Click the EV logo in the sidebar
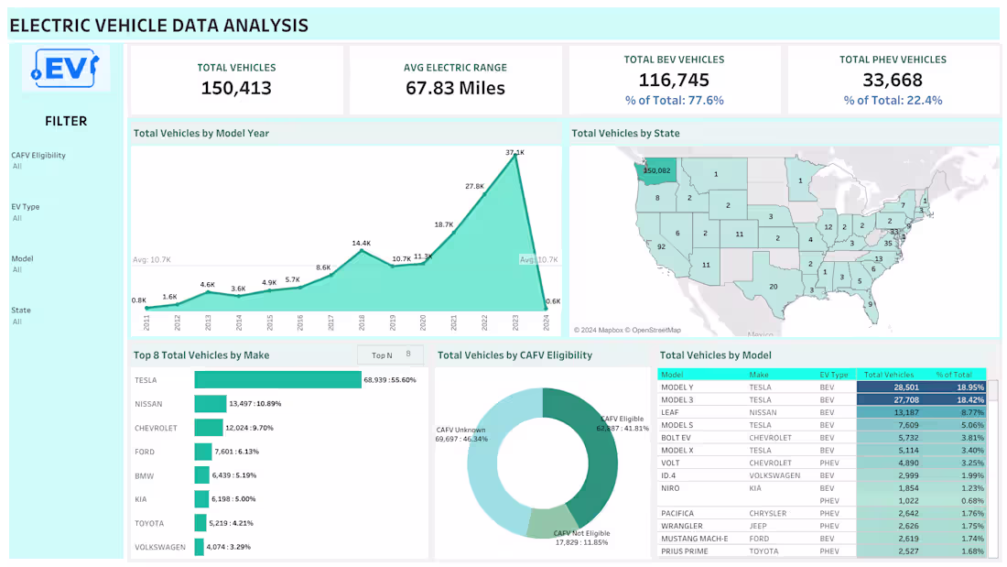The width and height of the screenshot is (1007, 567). click(x=66, y=68)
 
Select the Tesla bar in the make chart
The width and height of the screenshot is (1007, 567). click(x=277, y=379)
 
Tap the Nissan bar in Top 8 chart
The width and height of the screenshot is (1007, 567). click(x=211, y=403)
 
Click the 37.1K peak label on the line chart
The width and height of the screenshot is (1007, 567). click(x=514, y=152)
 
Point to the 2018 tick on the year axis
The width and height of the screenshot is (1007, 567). click(x=362, y=322)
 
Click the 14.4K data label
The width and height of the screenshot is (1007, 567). click(x=361, y=243)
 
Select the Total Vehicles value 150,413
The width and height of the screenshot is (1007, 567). click(x=236, y=88)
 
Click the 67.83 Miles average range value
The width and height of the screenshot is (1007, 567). click(x=455, y=88)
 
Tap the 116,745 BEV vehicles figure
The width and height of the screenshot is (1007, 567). click(x=674, y=81)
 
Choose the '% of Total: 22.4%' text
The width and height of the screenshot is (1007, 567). click(x=893, y=101)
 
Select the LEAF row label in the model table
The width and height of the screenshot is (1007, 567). click(x=671, y=412)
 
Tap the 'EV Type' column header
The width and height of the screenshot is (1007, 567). click(x=834, y=375)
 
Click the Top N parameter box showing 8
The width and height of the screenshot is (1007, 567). click(x=391, y=354)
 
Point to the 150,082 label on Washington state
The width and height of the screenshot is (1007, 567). click(x=657, y=170)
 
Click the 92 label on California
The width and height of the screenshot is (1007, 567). click(x=661, y=246)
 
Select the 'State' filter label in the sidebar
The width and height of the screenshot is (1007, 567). click(x=21, y=310)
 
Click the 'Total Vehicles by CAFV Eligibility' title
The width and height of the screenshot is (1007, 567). click(x=514, y=354)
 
